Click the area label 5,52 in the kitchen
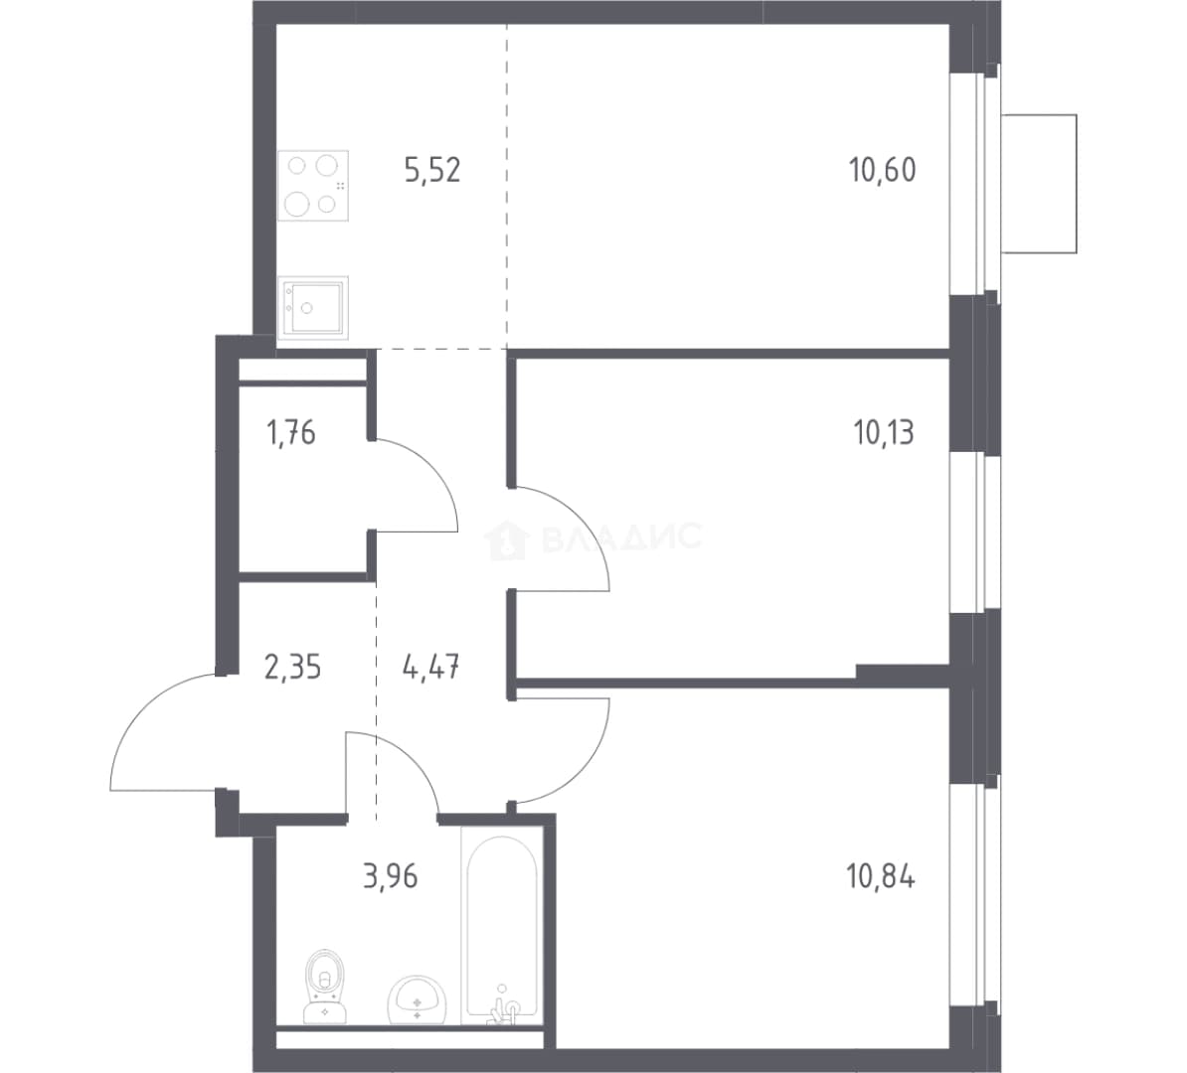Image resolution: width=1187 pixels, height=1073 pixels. click(x=432, y=170)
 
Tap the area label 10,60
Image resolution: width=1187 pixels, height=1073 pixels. click(x=883, y=170)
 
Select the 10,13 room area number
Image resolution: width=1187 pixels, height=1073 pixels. click(x=884, y=433)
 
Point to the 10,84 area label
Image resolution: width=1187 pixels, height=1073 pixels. click(x=881, y=877)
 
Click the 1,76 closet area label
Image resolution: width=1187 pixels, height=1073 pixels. click(x=290, y=433)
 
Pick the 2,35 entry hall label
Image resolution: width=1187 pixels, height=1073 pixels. click(x=293, y=669)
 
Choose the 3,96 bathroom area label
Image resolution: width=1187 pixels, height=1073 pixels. click(x=391, y=877)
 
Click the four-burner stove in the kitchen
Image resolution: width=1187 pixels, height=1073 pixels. click(x=313, y=186)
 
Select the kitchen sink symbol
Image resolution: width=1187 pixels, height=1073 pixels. click(x=313, y=307)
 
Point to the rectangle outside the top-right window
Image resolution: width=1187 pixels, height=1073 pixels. click(x=1039, y=184)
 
